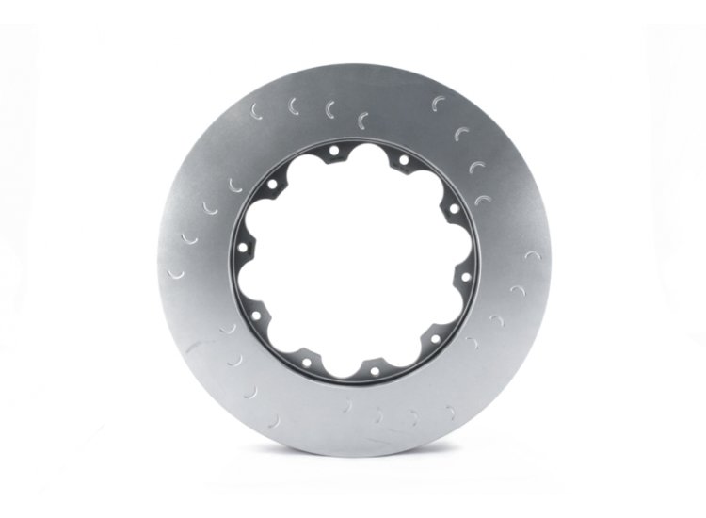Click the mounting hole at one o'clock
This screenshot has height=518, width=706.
pyautogui.click(x=403, y=159)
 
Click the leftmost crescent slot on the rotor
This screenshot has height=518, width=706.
pyautogui.click(x=174, y=272)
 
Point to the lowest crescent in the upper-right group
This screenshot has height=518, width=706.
pyautogui.click(x=482, y=199)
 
